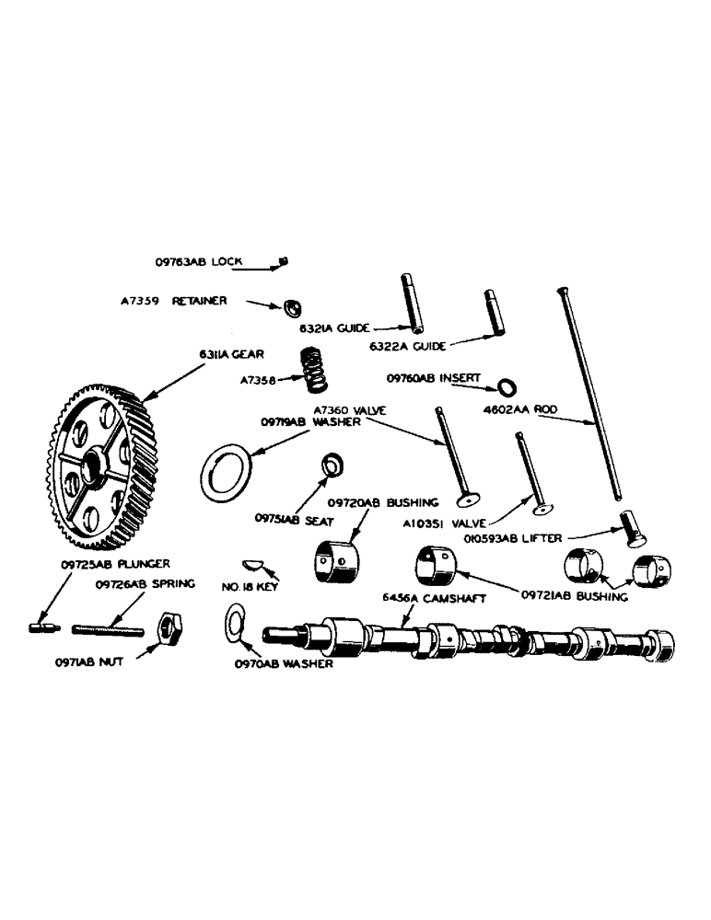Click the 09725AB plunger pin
pos(41,627)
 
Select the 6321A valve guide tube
pos(411,304)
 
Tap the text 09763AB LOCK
pos(199,261)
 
